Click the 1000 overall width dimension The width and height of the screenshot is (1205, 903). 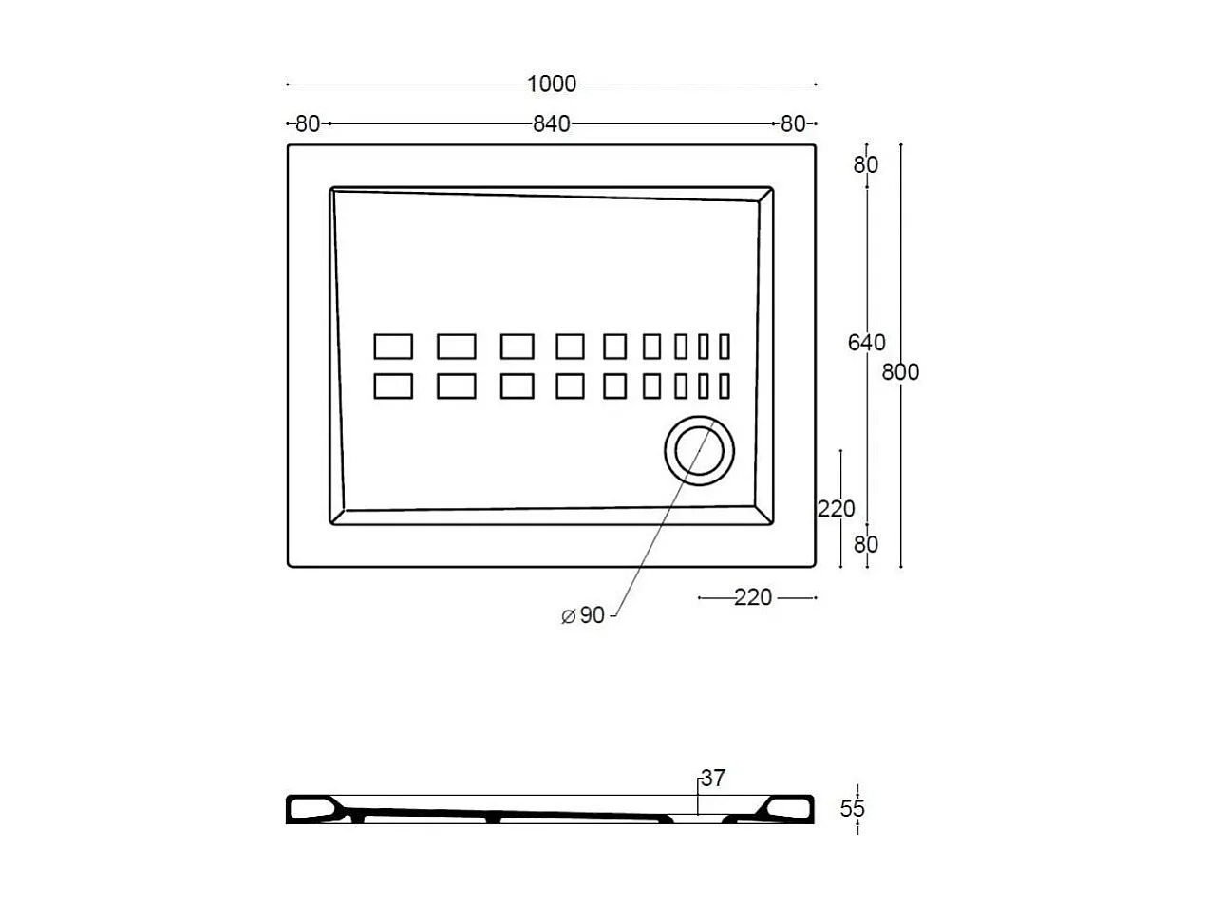point(552,84)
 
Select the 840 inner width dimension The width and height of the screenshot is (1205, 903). point(551,123)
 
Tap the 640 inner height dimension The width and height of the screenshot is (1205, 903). point(866,343)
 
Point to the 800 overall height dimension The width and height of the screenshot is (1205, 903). point(900,372)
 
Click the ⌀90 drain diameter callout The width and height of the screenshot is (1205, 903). point(583,615)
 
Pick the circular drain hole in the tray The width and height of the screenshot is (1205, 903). point(699,452)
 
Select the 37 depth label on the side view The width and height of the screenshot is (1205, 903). point(713,779)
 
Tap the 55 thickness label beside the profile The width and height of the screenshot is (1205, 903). point(853,809)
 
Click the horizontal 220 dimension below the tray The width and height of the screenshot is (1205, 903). point(753,597)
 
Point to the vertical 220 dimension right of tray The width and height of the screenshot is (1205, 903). point(837,509)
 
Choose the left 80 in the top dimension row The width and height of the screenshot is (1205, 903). point(308,123)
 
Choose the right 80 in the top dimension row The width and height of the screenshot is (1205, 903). point(792,123)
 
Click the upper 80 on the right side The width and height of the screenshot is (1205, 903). point(866,164)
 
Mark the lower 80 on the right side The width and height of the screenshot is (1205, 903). point(866,544)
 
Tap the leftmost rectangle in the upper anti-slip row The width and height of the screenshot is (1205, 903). point(393,347)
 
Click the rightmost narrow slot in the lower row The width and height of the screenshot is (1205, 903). point(725,386)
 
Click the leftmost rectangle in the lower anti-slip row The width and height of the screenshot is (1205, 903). point(393,386)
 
